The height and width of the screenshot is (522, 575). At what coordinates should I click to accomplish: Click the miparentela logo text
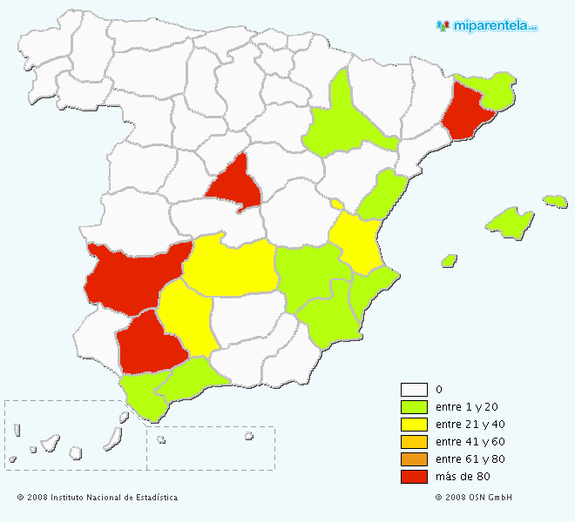click(493, 25)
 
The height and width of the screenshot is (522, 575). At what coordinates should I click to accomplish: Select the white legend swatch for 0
click(413, 390)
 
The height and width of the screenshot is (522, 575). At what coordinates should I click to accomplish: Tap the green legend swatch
click(413, 407)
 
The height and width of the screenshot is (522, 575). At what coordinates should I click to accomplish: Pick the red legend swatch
click(413, 477)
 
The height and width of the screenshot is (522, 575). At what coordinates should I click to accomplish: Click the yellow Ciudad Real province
click(231, 265)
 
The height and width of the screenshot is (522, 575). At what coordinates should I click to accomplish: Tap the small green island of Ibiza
click(449, 260)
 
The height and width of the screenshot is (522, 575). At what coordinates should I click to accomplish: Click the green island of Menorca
click(555, 201)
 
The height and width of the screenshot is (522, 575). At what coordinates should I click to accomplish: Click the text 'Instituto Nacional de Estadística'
click(114, 498)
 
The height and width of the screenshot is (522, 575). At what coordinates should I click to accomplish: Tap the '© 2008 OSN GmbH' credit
click(474, 498)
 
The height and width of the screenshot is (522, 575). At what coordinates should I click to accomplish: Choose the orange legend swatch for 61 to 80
click(413, 459)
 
